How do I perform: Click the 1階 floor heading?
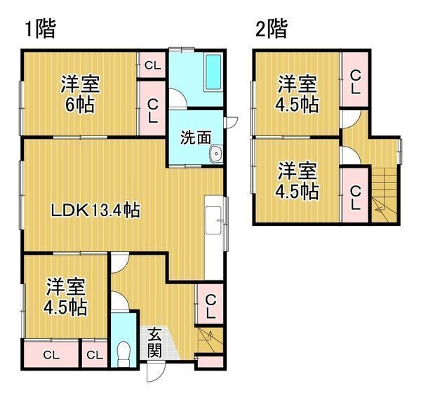pyautogui.click(x=40, y=29)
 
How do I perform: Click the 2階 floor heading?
pyautogui.click(x=272, y=29)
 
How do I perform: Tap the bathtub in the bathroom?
pyautogui.click(x=213, y=73)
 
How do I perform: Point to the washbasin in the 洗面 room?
pyautogui.click(x=216, y=154)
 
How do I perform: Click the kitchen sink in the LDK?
pyautogui.click(x=213, y=220)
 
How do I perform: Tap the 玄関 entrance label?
pyautogui.click(x=154, y=342)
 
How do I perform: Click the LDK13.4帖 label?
pyautogui.click(x=95, y=211)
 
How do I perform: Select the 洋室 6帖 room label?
pyautogui.click(x=80, y=94)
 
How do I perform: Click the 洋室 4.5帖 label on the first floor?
pyautogui.click(x=65, y=297)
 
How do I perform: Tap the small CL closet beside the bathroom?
pyautogui.click(x=153, y=65)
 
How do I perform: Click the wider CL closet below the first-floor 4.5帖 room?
pyautogui.click(x=51, y=355)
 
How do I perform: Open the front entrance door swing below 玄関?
pyautogui.click(x=156, y=372)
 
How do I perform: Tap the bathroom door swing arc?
pyautogui.click(x=178, y=98)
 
